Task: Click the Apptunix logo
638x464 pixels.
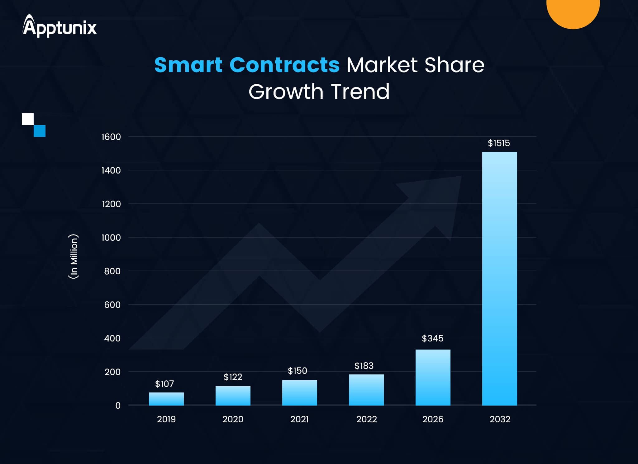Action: pyautogui.click(x=60, y=26)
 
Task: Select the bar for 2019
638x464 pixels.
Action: pyautogui.click(x=166, y=399)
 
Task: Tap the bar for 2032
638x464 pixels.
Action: pyautogui.click(x=499, y=278)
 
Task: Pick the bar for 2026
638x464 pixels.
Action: pyautogui.click(x=433, y=377)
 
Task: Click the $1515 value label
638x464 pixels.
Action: pyautogui.click(x=499, y=143)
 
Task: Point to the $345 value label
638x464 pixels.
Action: pyautogui.click(x=432, y=338)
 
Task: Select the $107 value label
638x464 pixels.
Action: pyautogui.click(x=164, y=384)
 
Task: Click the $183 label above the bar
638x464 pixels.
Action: pyautogui.click(x=364, y=366)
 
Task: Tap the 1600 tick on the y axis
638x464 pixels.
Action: pyautogui.click(x=111, y=137)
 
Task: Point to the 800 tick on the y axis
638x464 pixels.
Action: pyautogui.click(x=112, y=271)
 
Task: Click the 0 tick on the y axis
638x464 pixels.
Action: pyautogui.click(x=118, y=406)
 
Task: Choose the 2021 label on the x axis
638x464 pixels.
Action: pyautogui.click(x=299, y=419)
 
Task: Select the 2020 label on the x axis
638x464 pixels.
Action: pyautogui.click(x=233, y=419)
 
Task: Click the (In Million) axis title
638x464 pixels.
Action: pyautogui.click(x=74, y=256)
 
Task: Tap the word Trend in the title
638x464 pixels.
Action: pyautogui.click(x=360, y=92)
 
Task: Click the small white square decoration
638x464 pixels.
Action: pyautogui.click(x=28, y=119)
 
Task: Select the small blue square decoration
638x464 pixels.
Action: pyautogui.click(x=40, y=131)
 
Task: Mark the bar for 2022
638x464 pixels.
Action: pyautogui.click(x=366, y=390)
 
